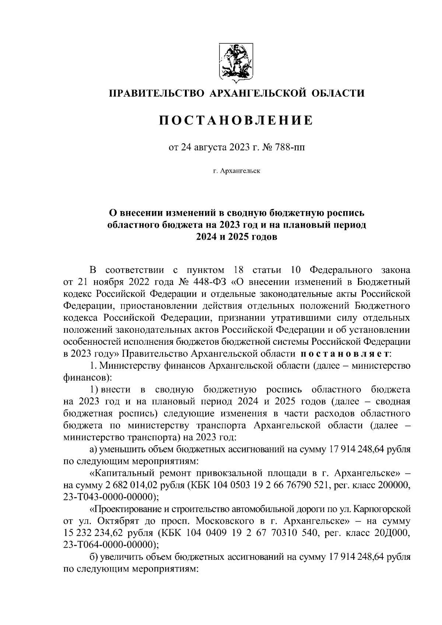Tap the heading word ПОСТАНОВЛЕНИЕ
(x=236, y=120)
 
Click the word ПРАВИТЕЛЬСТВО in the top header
(x=155, y=93)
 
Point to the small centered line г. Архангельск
(x=236, y=171)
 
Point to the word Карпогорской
(x=383, y=509)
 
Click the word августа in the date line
(x=209, y=148)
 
